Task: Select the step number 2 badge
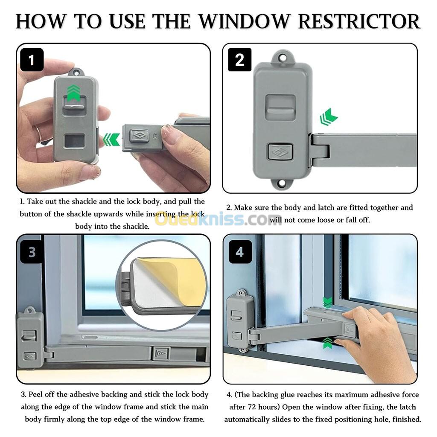[240, 60]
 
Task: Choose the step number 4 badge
[240, 252]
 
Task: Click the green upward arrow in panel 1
[74, 92]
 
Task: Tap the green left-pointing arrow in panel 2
[329, 117]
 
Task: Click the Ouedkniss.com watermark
[218, 219]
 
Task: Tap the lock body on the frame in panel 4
[240, 320]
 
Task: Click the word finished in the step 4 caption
[405, 419]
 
